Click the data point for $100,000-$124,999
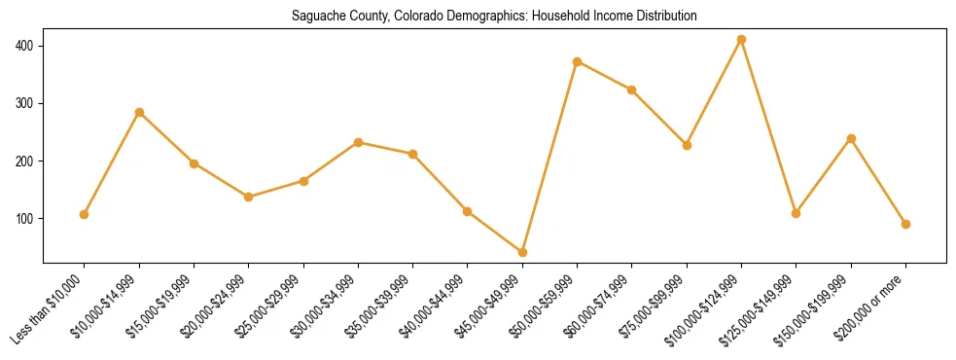coord(741,40)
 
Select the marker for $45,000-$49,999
coord(522,252)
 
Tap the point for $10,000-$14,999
coord(139,113)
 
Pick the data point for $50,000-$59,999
coord(578,61)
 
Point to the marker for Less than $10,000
coord(85,214)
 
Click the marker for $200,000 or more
coord(905,224)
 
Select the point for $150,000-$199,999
coord(851,139)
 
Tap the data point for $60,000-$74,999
coord(632,90)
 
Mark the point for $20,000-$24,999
coord(249,197)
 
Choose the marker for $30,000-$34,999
coord(358,142)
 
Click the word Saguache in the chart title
coord(315,17)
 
